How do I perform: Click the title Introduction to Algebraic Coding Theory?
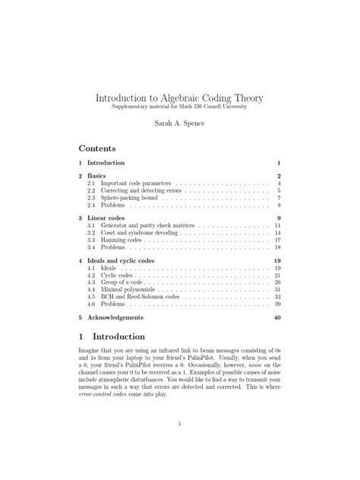(x=180, y=99)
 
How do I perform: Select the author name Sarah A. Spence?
(x=180, y=122)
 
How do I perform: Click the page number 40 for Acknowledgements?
(x=277, y=317)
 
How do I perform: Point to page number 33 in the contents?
(x=278, y=297)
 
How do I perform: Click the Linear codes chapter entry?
(x=111, y=218)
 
